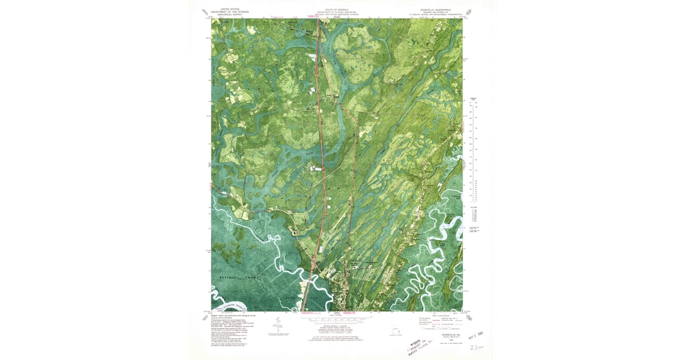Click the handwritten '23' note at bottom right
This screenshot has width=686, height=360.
click(474, 346)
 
